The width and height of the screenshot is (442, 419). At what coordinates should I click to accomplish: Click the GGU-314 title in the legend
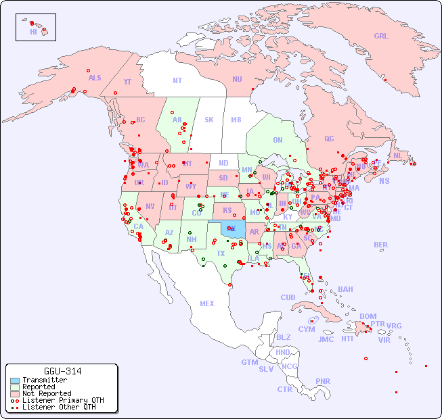[63, 371]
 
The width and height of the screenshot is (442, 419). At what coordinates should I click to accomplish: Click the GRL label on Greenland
[381, 36]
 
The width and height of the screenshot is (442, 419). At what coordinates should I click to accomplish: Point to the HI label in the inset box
[33, 32]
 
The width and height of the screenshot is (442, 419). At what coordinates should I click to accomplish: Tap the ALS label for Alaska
[95, 78]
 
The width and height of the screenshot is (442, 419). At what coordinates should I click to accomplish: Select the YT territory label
[127, 82]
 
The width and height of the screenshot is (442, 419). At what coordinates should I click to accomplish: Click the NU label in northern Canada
[237, 80]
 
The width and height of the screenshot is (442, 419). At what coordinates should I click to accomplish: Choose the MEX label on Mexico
[207, 304]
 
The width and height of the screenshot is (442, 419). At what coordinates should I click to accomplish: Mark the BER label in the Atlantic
[380, 245]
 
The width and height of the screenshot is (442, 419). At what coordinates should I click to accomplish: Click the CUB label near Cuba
[288, 298]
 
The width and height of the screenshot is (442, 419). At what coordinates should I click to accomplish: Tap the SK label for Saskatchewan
[209, 120]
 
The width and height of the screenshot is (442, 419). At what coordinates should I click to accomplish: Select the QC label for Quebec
[329, 139]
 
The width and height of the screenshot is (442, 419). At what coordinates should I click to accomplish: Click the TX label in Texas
[221, 254]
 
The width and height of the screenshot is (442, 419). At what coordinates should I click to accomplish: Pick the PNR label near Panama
[323, 381]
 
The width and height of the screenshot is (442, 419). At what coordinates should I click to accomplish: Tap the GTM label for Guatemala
[249, 363]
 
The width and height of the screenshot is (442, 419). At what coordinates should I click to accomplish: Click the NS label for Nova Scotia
[384, 181]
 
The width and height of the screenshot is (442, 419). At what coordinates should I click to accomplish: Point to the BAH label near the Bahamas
[345, 290]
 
